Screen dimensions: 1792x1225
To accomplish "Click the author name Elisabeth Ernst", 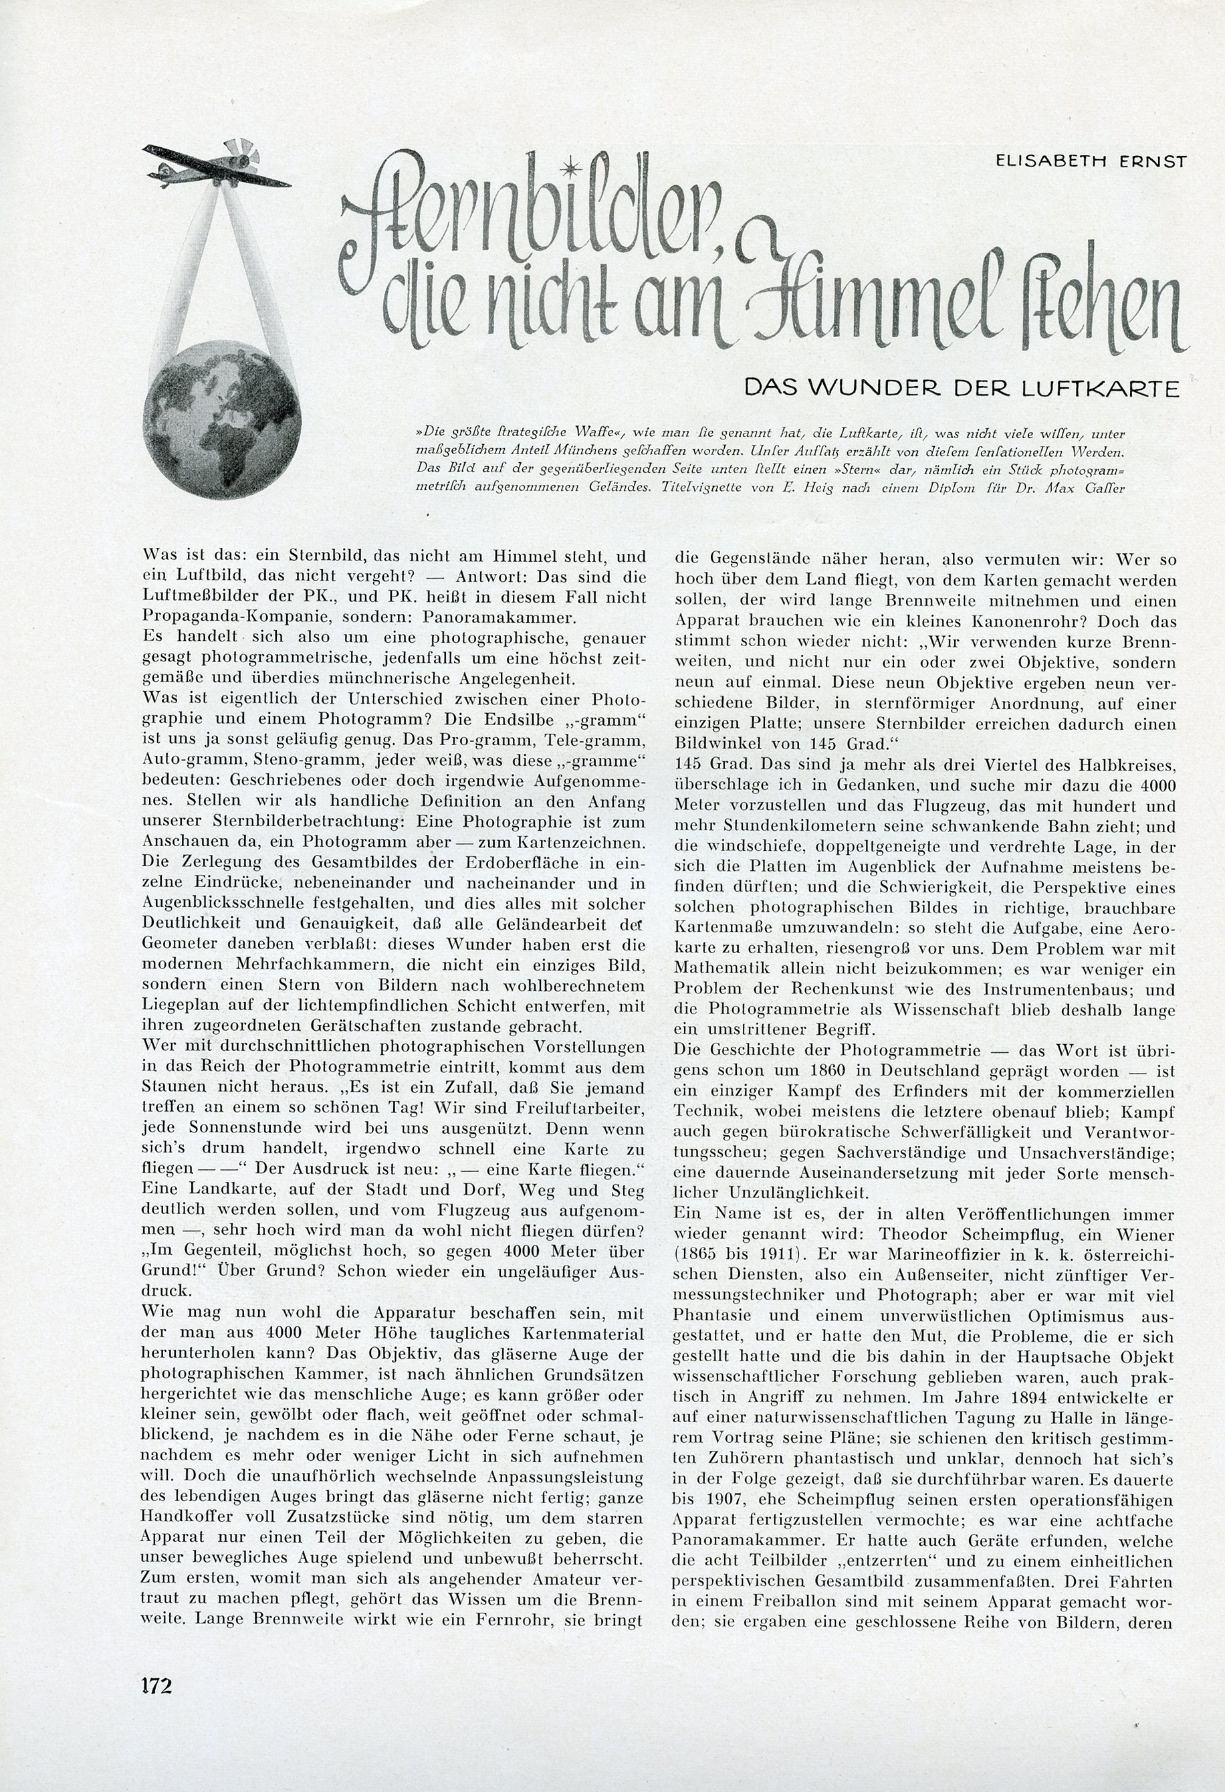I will click(1091, 161).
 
